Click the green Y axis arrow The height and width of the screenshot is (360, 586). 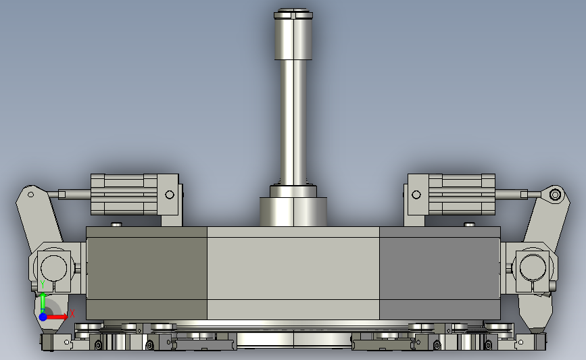43,303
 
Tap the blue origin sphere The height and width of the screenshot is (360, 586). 43,317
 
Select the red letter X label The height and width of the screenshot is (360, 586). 72,313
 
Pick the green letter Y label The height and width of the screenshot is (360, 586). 42,284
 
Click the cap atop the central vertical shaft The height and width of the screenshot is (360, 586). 293,14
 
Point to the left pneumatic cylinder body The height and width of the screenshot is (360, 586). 124,195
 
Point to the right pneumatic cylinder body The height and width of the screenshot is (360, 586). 462,195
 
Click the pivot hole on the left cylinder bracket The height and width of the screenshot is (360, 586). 170,195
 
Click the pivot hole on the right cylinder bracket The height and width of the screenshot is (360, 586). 416,195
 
